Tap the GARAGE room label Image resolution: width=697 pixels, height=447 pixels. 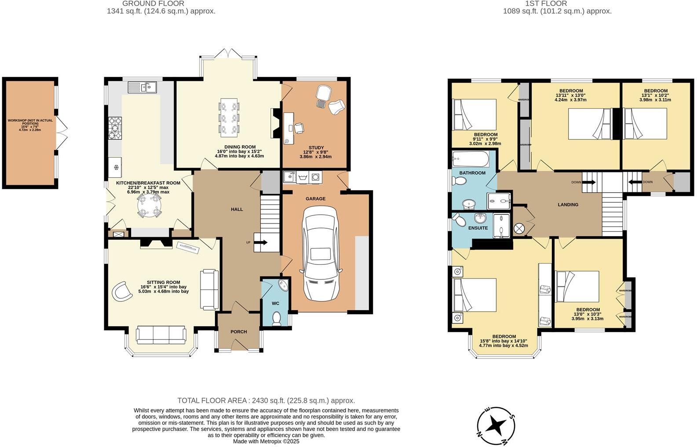(315, 199)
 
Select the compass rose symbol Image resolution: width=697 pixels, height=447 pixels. (496, 425)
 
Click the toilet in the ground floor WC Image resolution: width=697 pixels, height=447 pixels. (277, 318)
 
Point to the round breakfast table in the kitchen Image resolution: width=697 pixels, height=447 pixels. (149, 205)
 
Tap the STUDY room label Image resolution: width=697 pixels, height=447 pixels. (316, 148)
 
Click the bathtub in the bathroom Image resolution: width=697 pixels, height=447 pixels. (471, 158)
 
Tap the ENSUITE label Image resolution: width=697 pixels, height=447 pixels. (478, 228)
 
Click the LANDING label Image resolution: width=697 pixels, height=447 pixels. (568, 205)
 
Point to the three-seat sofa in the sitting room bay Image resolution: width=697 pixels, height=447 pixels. (161, 335)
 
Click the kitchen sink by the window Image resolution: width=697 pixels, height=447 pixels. (142, 88)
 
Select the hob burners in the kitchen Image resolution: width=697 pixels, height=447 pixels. (115, 127)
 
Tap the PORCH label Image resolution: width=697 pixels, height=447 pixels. (239, 332)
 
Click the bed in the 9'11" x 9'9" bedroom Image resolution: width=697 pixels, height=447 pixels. (474, 114)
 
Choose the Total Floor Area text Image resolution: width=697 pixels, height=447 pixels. (266, 400)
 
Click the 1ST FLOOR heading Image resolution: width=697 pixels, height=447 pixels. (546, 4)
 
